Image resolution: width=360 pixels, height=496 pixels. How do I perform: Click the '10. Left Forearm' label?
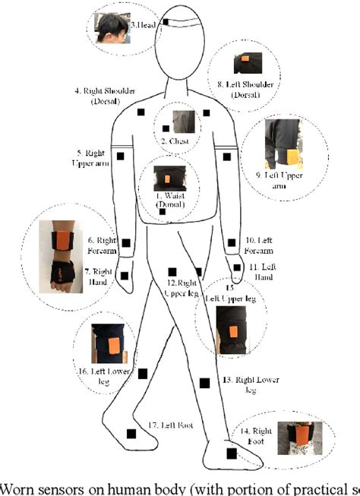click(x=262, y=245)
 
